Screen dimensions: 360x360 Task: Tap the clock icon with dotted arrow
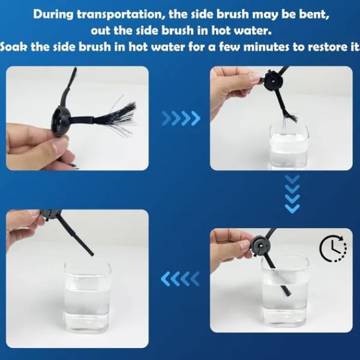[x=333, y=248]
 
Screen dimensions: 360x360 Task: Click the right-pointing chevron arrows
[x=181, y=118]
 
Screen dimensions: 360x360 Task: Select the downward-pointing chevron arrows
[x=292, y=194]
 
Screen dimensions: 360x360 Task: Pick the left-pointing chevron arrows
[x=180, y=278]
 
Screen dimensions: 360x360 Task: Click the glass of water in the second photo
[x=289, y=146]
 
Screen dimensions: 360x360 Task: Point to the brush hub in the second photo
[x=274, y=80]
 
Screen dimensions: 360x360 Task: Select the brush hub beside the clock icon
[x=261, y=246]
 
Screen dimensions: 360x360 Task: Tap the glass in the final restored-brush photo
[x=87, y=296]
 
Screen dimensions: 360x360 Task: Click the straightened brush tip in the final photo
[x=91, y=253]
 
